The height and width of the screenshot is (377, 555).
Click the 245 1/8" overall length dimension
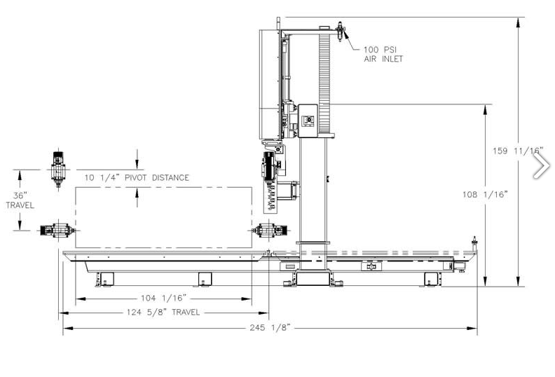click(270, 328)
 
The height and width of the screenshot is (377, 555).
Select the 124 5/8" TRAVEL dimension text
click(163, 313)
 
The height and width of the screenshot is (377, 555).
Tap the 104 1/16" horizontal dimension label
click(163, 298)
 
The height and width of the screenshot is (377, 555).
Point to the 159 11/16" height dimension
click(517, 151)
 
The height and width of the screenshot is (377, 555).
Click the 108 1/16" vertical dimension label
click(485, 194)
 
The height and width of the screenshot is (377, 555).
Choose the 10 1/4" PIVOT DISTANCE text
click(137, 177)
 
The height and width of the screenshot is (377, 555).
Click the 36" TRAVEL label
click(20, 200)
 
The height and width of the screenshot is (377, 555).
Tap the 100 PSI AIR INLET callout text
click(383, 54)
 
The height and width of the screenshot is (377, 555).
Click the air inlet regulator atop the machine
click(340, 32)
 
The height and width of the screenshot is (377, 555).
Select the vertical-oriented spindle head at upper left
click(58, 170)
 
